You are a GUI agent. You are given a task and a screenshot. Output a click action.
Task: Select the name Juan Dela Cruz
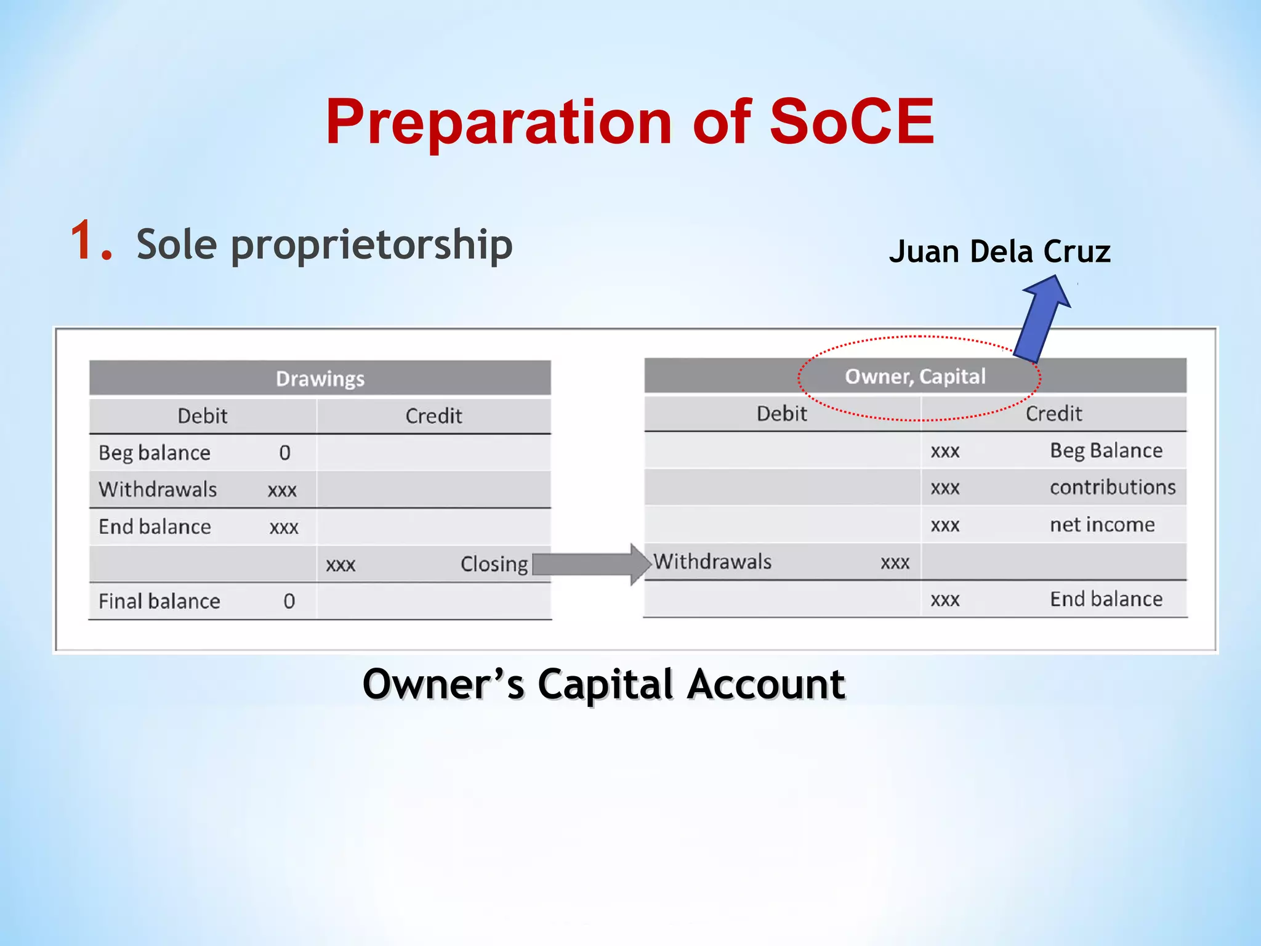[999, 252]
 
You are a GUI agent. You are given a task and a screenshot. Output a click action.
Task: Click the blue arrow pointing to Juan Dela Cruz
[1042, 317]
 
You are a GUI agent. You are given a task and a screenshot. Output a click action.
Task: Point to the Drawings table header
[320, 378]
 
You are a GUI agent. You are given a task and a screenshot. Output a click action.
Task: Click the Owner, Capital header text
[915, 376]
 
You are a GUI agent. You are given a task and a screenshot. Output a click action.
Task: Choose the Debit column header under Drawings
[202, 416]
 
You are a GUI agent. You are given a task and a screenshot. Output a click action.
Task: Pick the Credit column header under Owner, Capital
[1053, 414]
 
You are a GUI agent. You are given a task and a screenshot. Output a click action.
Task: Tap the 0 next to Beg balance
[284, 453]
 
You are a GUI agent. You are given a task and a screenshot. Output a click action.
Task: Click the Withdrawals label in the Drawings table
[158, 490]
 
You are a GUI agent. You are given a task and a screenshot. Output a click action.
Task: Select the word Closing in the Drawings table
[494, 564]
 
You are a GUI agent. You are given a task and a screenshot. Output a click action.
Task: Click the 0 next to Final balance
[289, 601]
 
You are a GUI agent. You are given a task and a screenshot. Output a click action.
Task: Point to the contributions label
[1112, 488]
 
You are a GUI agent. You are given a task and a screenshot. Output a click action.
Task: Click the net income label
[1102, 525]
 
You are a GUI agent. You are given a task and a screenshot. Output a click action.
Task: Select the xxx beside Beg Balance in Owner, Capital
[945, 451]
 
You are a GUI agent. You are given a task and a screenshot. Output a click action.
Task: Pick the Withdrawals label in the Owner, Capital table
[712, 562]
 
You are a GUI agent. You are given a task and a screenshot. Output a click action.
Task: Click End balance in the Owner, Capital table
[1106, 599]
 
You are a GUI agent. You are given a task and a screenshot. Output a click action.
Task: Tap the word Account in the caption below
[766, 684]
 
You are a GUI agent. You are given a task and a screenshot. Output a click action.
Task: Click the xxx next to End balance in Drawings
[284, 528]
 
